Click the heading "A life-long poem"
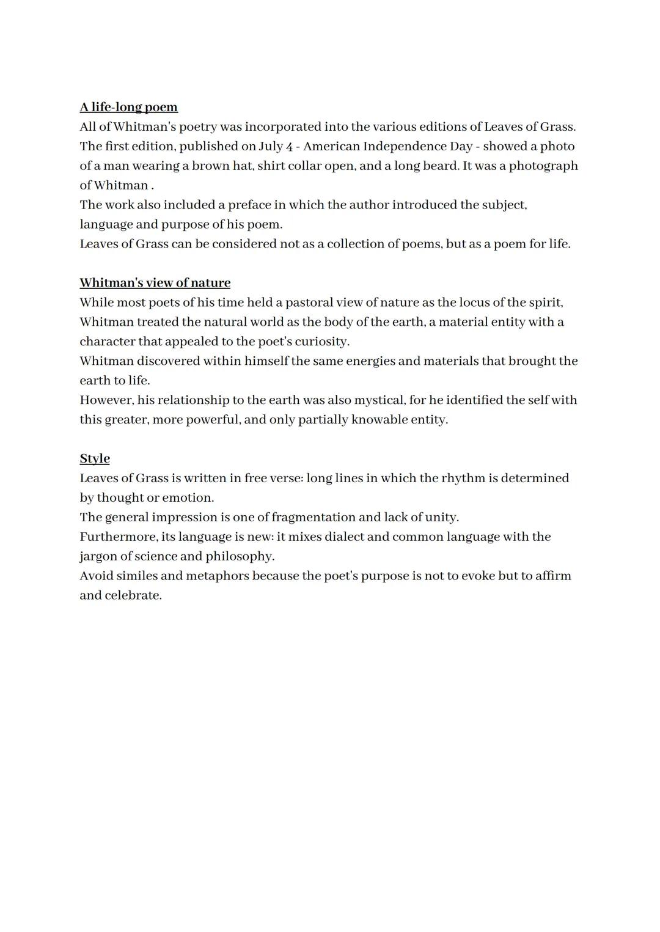[x=128, y=108]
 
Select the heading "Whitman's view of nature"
[x=155, y=283]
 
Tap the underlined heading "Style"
[x=95, y=459]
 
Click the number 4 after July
[x=289, y=147]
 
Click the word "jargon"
[x=98, y=557]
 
